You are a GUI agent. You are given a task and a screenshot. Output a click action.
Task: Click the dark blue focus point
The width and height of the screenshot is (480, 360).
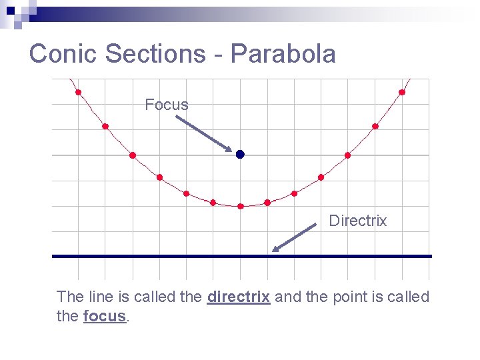tap(240, 154)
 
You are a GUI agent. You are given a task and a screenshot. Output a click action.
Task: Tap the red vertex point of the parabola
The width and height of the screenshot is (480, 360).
tap(241, 206)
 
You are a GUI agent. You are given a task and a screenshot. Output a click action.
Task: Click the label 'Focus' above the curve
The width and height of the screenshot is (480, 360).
tap(166, 105)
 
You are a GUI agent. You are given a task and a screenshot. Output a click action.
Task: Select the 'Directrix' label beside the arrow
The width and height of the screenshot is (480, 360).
tap(357, 221)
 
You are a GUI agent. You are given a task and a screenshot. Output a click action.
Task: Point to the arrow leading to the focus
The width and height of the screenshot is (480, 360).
tap(203, 133)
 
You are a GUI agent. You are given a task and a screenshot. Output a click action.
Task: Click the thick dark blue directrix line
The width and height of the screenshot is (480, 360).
tap(167, 256)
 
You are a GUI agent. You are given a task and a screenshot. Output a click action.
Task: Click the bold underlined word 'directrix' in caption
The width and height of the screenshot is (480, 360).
tap(239, 297)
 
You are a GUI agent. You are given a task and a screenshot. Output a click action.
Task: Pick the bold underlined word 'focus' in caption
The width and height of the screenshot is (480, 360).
tap(105, 316)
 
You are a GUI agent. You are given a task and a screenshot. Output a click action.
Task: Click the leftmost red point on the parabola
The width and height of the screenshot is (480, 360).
tap(78, 92)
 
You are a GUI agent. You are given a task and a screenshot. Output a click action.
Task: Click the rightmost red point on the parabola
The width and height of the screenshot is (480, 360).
tap(402, 92)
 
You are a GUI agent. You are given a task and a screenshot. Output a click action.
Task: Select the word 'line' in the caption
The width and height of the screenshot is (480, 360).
tap(101, 297)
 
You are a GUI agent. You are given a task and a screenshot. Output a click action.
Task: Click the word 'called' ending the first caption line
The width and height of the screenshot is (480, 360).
tap(409, 297)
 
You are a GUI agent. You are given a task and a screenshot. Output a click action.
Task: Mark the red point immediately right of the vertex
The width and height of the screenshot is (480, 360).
tap(267, 202)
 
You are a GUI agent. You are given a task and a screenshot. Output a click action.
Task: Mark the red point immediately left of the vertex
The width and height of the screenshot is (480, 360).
tap(213, 202)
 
